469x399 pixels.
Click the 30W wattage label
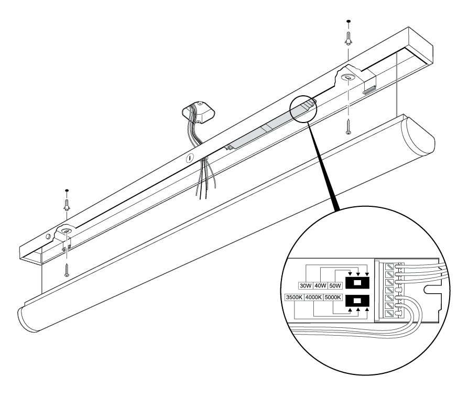[305, 286]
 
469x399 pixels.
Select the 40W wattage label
[320, 286]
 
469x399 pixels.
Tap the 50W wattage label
[335, 286]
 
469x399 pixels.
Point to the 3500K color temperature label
[293, 298]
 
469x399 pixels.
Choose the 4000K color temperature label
[313, 298]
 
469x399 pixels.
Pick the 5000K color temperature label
[333, 298]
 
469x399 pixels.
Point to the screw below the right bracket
[348, 127]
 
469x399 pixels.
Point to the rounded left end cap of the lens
[27, 316]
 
